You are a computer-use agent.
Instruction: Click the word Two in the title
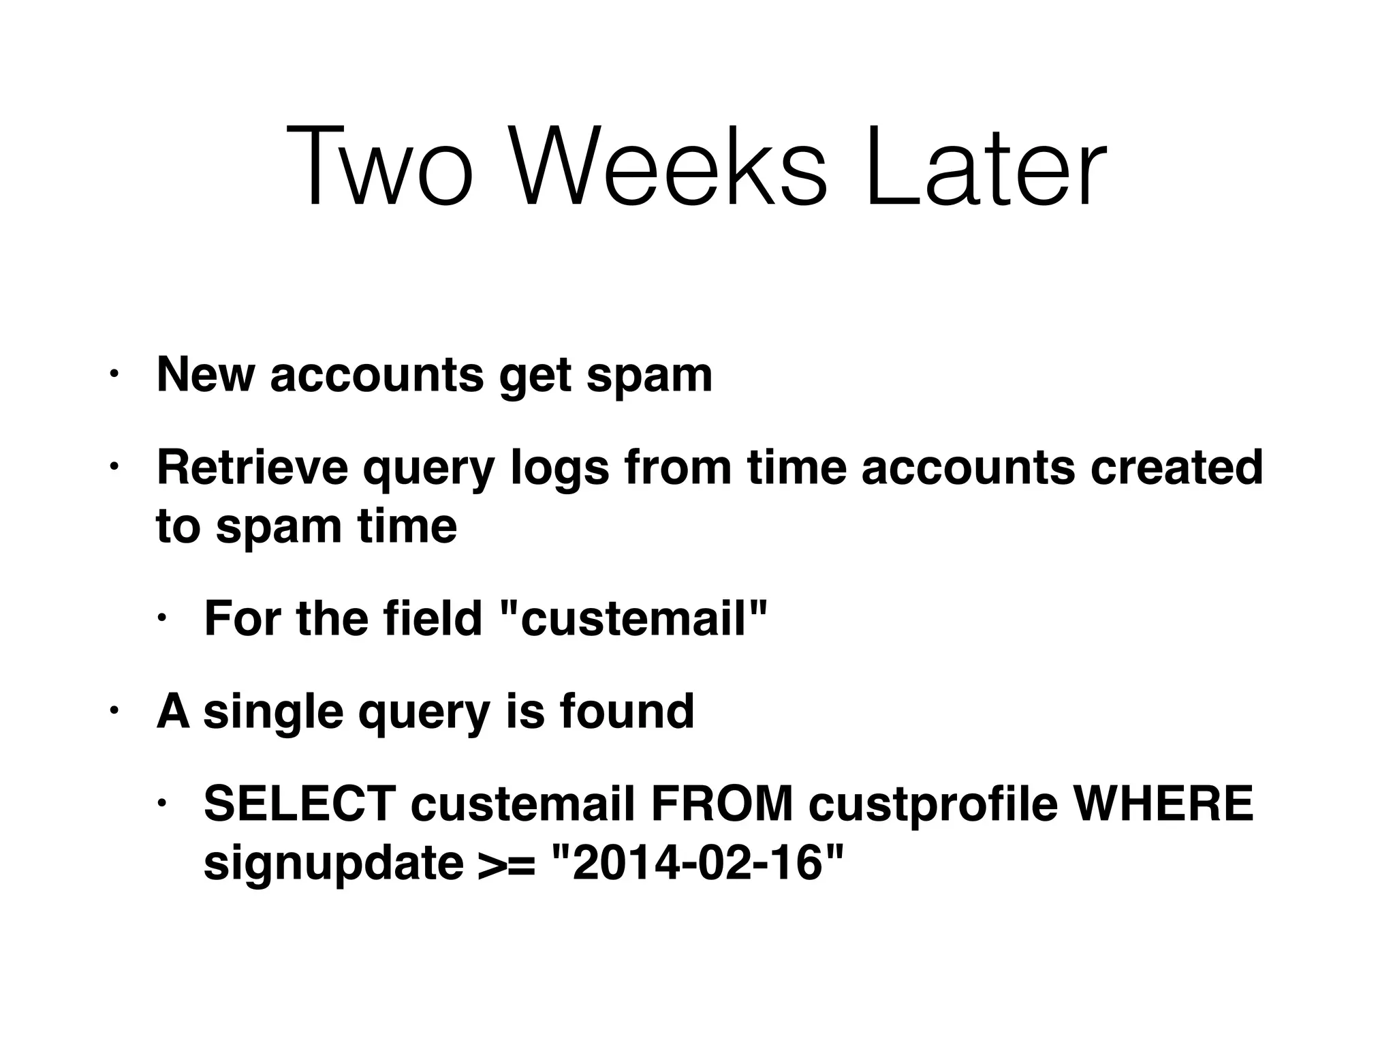[379, 166]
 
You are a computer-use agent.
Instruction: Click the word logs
[559, 470]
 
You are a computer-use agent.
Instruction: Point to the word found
[627, 711]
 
